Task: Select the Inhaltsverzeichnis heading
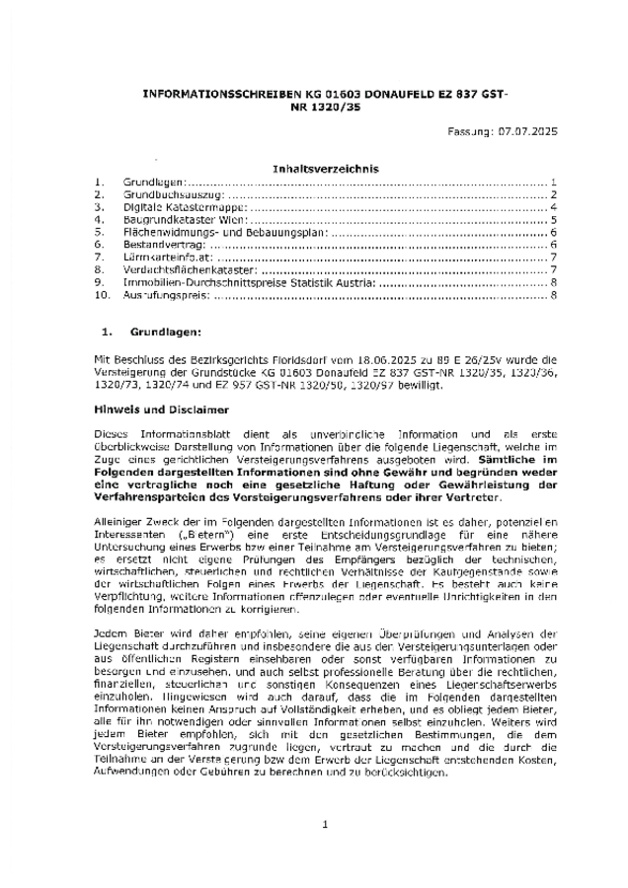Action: tap(312, 170)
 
